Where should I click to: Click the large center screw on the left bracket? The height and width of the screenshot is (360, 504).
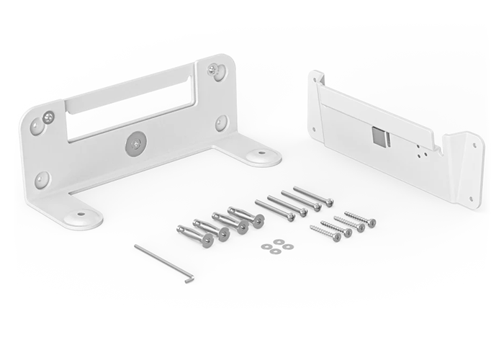point(135,144)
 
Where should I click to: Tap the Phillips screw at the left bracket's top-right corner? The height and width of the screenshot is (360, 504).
point(214,70)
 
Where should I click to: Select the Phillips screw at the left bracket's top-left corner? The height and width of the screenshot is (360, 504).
point(48,117)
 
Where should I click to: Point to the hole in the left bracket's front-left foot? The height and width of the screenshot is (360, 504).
point(80,214)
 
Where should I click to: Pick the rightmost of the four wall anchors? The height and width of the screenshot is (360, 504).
point(246,216)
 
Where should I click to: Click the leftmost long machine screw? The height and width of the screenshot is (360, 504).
point(274,210)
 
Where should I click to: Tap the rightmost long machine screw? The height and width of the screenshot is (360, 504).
point(314,196)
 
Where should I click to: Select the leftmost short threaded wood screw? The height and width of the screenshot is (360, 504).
point(325,233)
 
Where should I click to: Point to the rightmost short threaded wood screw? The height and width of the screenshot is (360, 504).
point(359,219)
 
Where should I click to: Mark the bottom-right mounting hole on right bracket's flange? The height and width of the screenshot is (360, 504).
point(475,200)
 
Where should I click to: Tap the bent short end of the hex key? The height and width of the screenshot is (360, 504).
point(189,278)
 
